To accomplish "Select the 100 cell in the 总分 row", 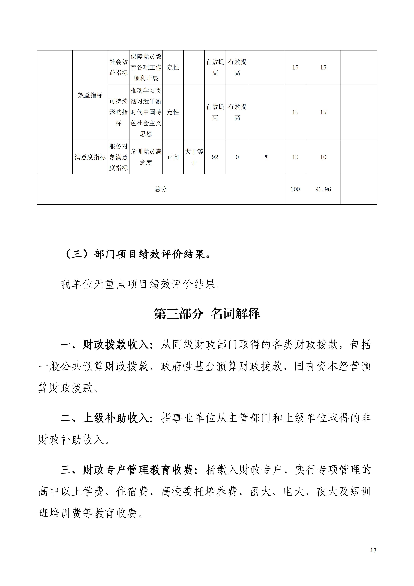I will [x=295, y=189].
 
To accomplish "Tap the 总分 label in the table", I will [x=161, y=189].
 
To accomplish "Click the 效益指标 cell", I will [x=90, y=95].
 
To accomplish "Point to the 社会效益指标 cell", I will [x=119, y=67].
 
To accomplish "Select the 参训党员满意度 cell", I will [x=146, y=157].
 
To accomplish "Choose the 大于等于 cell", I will [x=194, y=157].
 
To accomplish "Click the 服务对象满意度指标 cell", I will [x=119, y=157].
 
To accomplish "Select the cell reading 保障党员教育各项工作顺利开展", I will [x=146, y=67].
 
